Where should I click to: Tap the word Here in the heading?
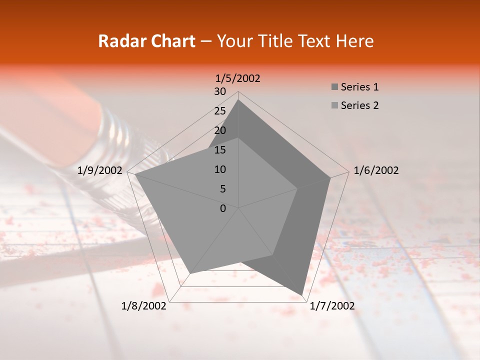click(355, 41)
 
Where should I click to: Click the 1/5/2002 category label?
click(237, 78)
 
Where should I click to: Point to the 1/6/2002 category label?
click(376, 170)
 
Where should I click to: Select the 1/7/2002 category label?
click(332, 306)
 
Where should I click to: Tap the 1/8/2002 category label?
click(144, 306)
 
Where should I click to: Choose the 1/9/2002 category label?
click(100, 170)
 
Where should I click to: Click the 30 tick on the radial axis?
click(220, 91)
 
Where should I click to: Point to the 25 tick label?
click(220, 111)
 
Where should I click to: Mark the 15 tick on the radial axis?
click(220, 150)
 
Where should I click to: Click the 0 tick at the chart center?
click(223, 208)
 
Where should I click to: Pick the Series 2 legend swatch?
click(334, 105)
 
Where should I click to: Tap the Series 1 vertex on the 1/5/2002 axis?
click(238, 99)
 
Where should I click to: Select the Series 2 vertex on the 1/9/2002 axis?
click(135, 174)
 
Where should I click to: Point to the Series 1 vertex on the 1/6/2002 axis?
click(330, 177)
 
